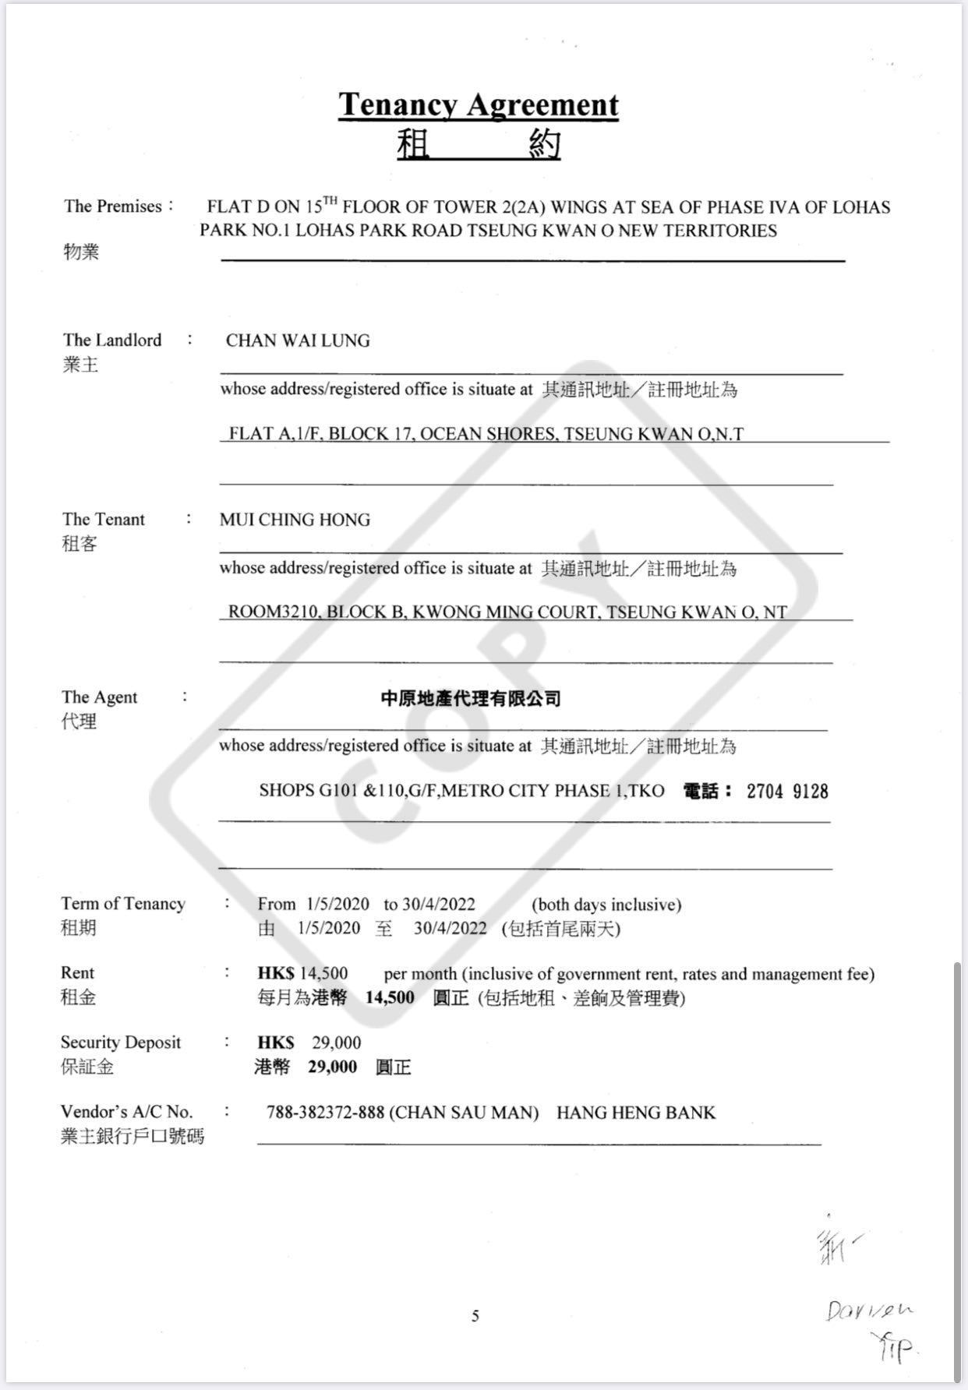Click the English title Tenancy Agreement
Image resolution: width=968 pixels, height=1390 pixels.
coord(478,104)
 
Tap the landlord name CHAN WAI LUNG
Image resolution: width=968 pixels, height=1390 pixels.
coord(298,340)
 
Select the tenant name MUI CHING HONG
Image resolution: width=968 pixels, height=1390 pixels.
coord(295,520)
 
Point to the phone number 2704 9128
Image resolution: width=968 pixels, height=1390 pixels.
coord(787,792)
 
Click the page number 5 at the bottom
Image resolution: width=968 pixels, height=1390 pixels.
coord(475,1316)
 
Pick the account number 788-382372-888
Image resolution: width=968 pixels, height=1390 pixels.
coord(325,1113)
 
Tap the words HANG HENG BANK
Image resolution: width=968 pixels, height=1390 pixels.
coord(636,1113)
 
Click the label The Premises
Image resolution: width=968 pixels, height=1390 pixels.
coord(113,206)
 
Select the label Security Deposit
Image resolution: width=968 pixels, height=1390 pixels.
coord(121,1042)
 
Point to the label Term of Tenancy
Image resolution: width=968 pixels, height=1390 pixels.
coord(123,904)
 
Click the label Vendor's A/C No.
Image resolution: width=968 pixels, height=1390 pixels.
coord(126,1112)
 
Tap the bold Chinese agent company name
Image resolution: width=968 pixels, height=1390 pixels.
coord(471,699)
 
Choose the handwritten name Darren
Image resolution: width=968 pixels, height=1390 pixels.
coord(869,1311)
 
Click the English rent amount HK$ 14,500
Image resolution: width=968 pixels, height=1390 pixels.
coord(302,973)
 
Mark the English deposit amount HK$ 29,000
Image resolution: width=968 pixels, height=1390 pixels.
coord(309,1042)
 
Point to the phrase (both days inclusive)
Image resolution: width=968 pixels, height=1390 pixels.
coord(606,905)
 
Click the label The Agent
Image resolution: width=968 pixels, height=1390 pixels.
coord(99,697)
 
